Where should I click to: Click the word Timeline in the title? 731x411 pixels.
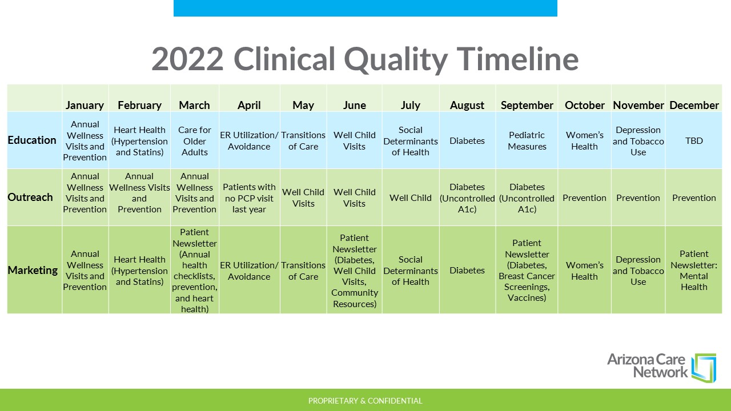[x=517, y=59]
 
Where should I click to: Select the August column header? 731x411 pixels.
[x=467, y=106]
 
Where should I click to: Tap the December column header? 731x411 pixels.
[x=694, y=106]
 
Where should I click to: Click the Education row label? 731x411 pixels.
[x=32, y=140]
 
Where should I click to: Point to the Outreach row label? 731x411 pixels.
[x=30, y=197]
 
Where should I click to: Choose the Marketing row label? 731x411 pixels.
[x=33, y=270]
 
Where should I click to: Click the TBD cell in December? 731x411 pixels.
[x=694, y=140]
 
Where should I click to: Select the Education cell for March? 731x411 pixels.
[x=195, y=141]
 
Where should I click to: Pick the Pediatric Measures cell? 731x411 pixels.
[x=527, y=140]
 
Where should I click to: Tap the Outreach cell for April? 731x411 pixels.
[x=249, y=198]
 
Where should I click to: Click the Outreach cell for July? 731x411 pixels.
[x=411, y=198]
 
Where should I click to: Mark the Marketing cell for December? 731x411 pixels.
[x=694, y=270]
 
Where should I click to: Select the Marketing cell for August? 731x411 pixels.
[x=467, y=270]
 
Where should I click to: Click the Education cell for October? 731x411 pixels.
[x=584, y=140]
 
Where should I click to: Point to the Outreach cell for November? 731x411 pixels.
[x=638, y=198]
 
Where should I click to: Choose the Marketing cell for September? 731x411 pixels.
[x=527, y=270]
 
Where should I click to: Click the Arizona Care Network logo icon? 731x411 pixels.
[x=704, y=368]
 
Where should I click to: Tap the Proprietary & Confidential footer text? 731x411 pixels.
[x=365, y=401]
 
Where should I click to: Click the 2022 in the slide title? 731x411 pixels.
[x=188, y=59]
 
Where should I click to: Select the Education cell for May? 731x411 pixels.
[x=303, y=140]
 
